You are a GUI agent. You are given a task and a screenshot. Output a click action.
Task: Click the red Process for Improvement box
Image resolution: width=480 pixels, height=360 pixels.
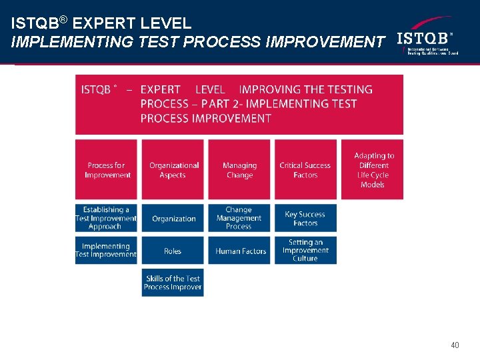(x=106, y=169)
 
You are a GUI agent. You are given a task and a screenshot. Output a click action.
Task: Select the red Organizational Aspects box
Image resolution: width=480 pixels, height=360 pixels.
(x=173, y=169)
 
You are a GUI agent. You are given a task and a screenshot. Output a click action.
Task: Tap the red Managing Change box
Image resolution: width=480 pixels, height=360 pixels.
(x=239, y=169)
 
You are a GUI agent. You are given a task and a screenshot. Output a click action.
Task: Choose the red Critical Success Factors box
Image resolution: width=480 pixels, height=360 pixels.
(x=305, y=169)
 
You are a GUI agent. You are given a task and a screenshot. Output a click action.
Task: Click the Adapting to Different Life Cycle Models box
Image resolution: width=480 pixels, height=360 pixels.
(x=373, y=169)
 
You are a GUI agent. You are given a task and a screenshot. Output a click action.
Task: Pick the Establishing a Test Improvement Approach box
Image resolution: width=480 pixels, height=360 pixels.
(x=106, y=218)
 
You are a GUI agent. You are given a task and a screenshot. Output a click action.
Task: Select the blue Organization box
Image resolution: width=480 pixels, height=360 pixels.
(x=173, y=218)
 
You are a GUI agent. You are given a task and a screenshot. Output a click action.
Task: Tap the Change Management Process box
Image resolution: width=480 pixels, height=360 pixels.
(x=239, y=218)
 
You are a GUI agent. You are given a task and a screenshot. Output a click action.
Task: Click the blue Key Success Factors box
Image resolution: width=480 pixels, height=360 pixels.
(x=305, y=218)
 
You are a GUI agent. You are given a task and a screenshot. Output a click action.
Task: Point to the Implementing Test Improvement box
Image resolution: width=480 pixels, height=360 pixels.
(x=106, y=250)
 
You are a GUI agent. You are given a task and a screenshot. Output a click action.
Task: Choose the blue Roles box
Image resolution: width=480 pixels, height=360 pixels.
(x=173, y=251)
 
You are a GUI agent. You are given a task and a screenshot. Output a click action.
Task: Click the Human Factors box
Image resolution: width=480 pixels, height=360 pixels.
(x=240, y=251)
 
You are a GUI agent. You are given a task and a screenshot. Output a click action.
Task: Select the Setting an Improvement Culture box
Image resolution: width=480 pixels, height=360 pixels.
(x=305, y=250)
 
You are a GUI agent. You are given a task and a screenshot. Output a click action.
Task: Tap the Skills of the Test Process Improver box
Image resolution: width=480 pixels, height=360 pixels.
(x=173, y=283)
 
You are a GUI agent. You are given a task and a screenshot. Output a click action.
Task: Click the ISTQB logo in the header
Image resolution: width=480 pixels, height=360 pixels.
(x=425, y=41)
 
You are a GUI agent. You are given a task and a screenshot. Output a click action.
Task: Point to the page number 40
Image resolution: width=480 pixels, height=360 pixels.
(x=455, y=345)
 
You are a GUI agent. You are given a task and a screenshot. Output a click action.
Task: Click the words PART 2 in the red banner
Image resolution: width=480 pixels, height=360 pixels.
(x=216, y=104)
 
